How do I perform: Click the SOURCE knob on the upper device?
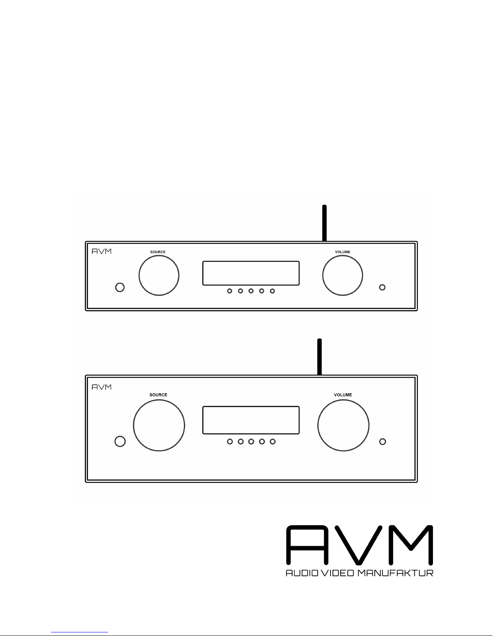[159, 276]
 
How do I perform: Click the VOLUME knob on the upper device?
[343, 276]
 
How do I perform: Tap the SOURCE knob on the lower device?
[159, 425]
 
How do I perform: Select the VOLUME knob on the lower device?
[343, 425]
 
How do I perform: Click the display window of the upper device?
[251, 273]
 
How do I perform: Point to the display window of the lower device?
[251, 420]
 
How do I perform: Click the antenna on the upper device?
[324, 223]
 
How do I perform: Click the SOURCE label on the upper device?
[158, 252]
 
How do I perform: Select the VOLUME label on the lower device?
[343, 395]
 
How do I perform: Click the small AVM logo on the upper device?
[102, 252]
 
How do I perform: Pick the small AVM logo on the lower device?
[102, 387]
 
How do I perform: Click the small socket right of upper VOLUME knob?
[382, 287]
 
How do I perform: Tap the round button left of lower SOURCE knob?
[120, 441]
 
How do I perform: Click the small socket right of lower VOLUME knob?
[383, 441]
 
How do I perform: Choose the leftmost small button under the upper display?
[230, 291]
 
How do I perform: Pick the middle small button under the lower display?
[251, 442]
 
